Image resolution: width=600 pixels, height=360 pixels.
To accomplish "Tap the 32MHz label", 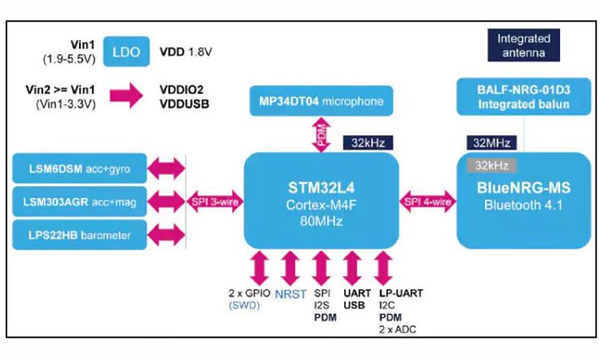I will tap(491, 144).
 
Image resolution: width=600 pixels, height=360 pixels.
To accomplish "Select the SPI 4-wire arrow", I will tap(428, 202).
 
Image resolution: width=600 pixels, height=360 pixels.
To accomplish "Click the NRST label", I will tap(290, 294).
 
